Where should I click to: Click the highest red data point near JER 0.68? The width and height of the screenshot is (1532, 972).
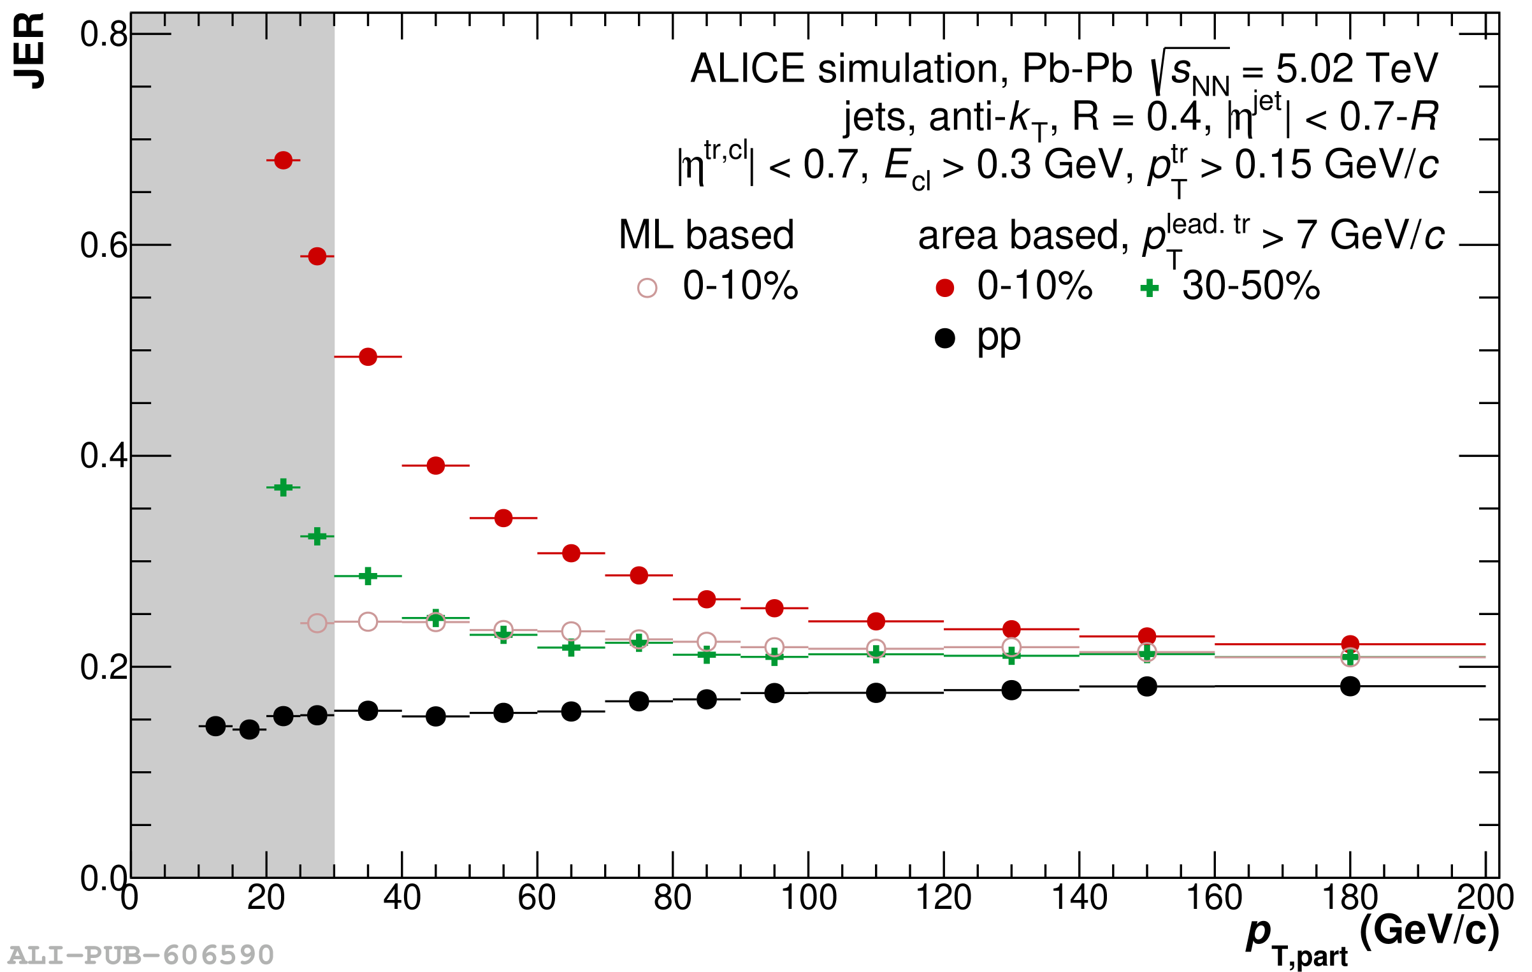tap(283, 160)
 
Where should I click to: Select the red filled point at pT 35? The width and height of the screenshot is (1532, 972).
tap(368, 357)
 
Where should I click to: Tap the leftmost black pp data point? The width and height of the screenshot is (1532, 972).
tap(215, 726)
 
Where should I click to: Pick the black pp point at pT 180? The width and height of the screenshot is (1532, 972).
tap(1350, 686)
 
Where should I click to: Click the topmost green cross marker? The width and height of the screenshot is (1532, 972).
tap(283, 488)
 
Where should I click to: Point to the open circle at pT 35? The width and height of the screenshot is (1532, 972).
tap(368, 621)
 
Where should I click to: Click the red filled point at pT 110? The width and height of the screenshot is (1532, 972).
tap(876, 621)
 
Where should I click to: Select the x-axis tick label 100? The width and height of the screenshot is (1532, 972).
tap(808, 899)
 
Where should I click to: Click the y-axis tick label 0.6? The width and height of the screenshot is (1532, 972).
tap(103, 246)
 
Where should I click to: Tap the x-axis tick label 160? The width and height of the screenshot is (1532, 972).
tap(1214, 899)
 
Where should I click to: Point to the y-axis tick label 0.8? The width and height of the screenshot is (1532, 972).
tap(103, 34)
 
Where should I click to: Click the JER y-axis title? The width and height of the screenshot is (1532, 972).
tap(29, 51)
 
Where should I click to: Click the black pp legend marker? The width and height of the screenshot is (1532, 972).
tap(944, 338)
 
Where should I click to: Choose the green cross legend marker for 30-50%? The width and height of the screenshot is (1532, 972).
tap(1149, 288)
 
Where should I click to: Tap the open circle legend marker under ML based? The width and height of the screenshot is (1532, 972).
tap(647, 288)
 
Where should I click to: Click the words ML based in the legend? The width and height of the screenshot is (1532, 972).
tap(706, 235)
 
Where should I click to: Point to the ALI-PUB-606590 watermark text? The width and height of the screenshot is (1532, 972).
tap(141, 955)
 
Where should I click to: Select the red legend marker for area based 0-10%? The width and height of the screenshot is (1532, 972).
tap(944, 288)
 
